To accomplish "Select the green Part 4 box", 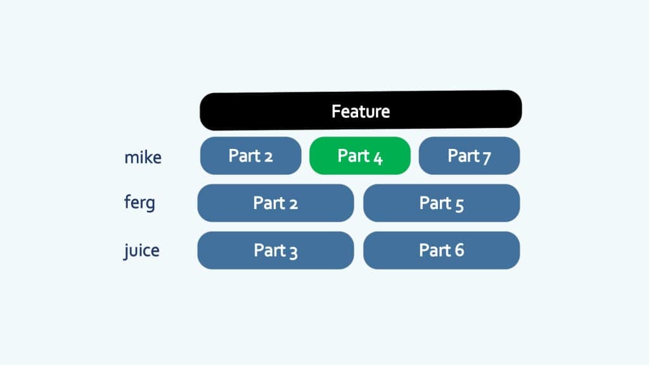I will (360, 155).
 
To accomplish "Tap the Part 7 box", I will (469, 155).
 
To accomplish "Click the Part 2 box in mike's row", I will (250, 155).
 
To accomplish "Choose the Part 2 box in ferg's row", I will (275, 203).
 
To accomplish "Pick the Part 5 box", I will (441, 203).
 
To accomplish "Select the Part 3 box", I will (275, 250).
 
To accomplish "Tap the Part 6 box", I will (441, 250).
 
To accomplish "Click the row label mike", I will (143, 157).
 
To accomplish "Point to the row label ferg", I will (139, 203).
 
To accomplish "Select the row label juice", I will (141, 250).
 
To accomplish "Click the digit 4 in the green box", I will (378, 157).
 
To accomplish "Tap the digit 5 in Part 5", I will (459, 204).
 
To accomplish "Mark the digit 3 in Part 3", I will (293, 252).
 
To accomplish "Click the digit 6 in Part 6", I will (459, 250).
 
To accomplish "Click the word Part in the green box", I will (351, 156).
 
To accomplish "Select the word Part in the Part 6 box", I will (433, 250).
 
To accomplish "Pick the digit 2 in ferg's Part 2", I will (293, 203).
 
